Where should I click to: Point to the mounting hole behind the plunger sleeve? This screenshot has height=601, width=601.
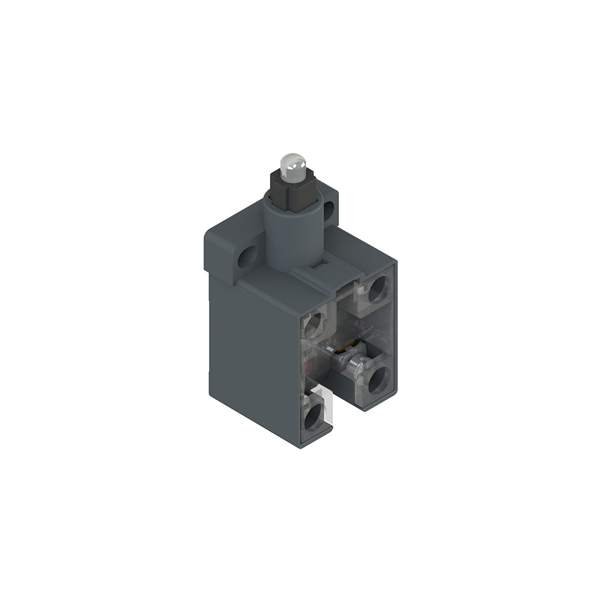pyautogui.click(x=328, y=210)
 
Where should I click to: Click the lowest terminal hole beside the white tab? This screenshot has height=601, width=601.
pyautogui.click(x=313, y=417)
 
